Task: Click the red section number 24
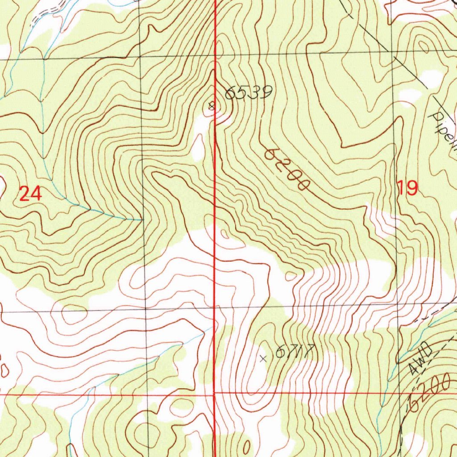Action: point(30,194)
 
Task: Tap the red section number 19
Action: point(408,188)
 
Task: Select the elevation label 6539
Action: point(248,92)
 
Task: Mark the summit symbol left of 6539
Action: point(212,106)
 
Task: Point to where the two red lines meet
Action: point(214,394)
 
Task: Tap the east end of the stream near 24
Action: point(140,220)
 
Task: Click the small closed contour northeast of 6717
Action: point(291,276)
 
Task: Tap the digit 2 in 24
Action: point(24,194)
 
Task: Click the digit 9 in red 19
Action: point(412,188)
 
